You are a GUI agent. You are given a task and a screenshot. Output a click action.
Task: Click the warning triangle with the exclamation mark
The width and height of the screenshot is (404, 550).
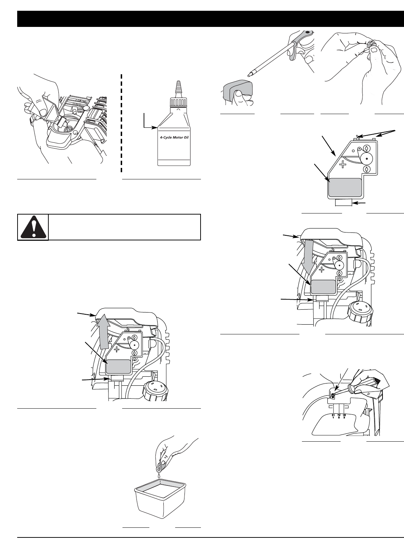coord(33,227)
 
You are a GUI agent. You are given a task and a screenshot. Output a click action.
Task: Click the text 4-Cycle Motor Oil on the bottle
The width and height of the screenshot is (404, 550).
coord(174,137)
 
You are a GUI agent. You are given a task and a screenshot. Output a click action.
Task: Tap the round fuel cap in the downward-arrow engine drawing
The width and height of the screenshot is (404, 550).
coord(360,312)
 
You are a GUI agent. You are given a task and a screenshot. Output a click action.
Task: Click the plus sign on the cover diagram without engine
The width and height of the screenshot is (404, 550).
coord(342,164)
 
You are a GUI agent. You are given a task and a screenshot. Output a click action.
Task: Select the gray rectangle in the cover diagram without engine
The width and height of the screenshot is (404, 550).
coord(345,187)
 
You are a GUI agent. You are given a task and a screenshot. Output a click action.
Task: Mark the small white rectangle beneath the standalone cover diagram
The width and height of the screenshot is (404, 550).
coord(343,203)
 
